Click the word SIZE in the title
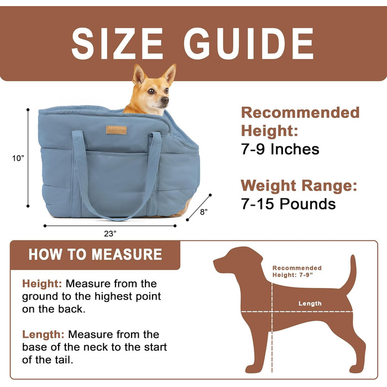(x=117, y=44)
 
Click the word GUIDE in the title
(x=249, y=44)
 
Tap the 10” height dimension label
(x=18, y=158)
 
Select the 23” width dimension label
(x=110, y=233)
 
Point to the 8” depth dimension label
(x=203, y=212)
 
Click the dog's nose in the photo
(x=165, y=101)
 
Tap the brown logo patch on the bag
(x=116, y=130)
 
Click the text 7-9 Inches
(x=280, y=149)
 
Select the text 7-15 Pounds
(x=288, y=204)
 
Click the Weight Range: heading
(x=299, y=186)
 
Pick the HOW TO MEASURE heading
(x=95, y=254)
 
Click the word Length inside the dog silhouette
(x=310, y=304)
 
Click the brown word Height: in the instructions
(x=42, y=284)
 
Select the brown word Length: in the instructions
(x=43, y=334)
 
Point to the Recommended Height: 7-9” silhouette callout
(x=297, y=271)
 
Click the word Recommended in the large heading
(x=300, y=113)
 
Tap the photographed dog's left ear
(x=169, y=74)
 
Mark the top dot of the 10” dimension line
(x=28, y=109)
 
